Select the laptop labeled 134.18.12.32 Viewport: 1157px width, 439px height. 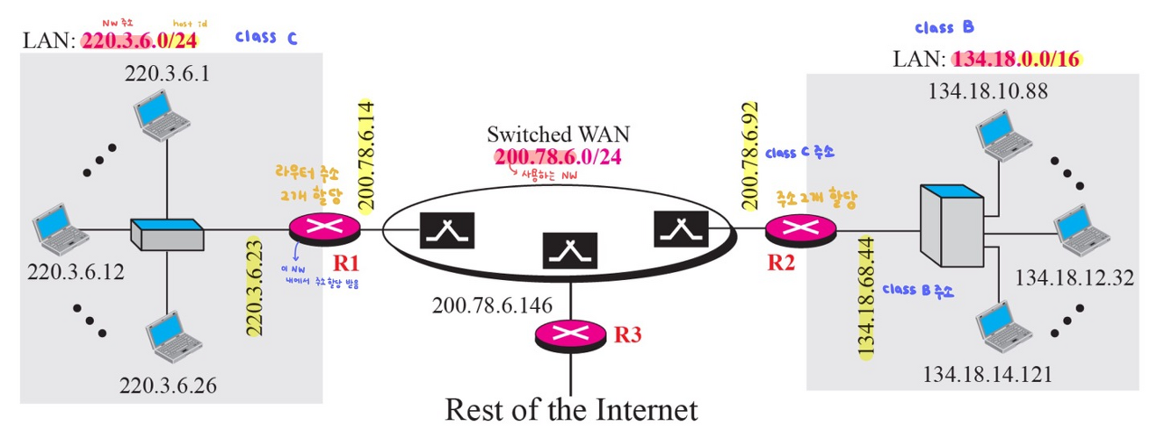pyautogui.click(x=1082, y=232)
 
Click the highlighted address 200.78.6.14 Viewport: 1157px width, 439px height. pyautogui.click(x=368, y=154)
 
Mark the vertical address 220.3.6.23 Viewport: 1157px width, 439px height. pyautogui.click(x=254, y=286)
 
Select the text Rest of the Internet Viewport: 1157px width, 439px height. pyautogui.click(x=570, y=409)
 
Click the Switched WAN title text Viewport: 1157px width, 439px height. pyautogui.click(x=559, y=134)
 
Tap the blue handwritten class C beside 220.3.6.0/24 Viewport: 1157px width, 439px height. pyautogui.click(x=266, y=38)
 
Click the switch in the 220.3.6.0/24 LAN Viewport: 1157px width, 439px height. pyautogui.click(x=167, y=233)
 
